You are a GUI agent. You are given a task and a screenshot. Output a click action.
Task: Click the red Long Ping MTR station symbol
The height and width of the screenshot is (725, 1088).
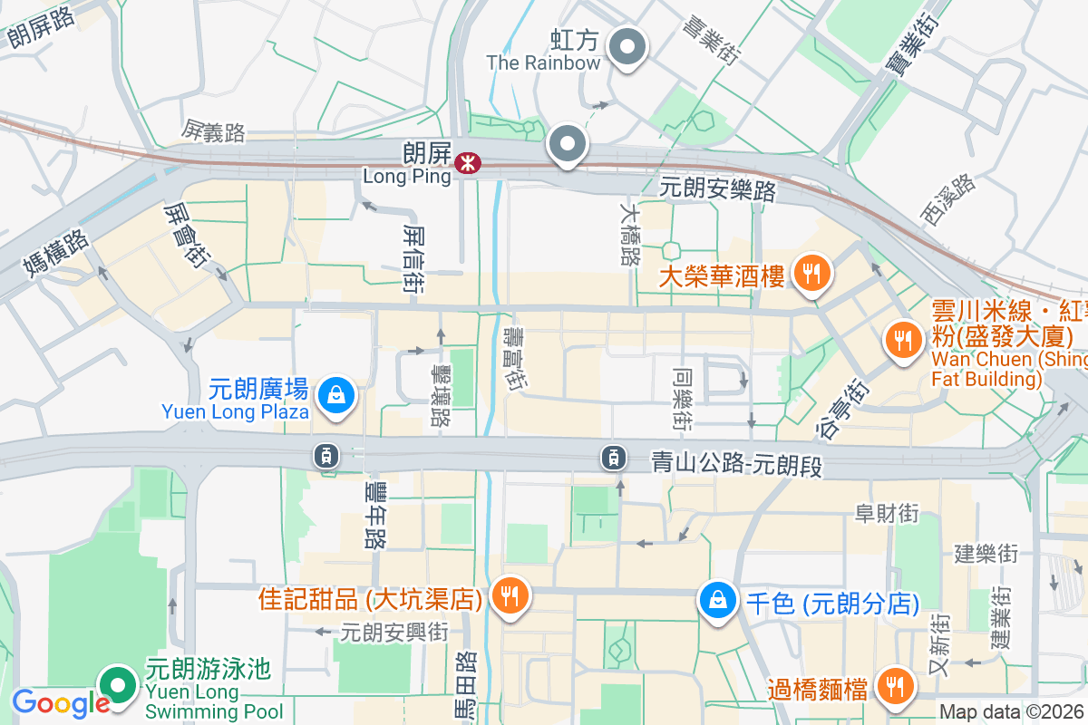tap(468, 163)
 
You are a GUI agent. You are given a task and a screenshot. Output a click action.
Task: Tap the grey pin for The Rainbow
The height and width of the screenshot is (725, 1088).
tap(627, 47)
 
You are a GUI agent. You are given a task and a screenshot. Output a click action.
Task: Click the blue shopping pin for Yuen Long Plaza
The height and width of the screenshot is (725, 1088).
tap(336, 396)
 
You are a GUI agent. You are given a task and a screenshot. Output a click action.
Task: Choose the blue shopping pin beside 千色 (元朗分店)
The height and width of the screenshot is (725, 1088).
tap(717, 601)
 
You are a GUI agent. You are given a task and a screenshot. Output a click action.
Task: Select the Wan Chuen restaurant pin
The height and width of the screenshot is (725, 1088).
tap(901, 341)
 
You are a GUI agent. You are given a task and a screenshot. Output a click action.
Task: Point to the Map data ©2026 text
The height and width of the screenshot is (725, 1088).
tap(1011, 712)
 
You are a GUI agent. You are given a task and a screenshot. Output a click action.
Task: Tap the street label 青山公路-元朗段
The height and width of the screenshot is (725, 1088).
tap(736, 466)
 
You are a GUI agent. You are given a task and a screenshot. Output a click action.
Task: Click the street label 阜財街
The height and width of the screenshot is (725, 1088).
tap(887, 514)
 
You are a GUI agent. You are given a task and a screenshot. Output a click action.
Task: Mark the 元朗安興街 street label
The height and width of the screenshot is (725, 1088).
tap(393, 632)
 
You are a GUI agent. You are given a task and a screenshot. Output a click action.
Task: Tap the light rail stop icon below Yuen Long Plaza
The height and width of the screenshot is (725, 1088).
tap(326, 456)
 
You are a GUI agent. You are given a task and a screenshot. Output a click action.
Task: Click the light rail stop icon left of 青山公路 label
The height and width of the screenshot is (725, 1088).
tap(614, 458)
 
